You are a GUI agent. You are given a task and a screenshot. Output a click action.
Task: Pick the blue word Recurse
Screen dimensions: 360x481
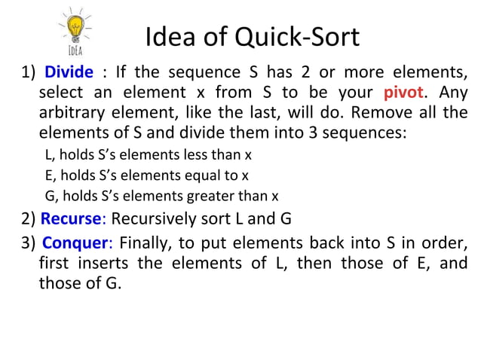coord(71,220)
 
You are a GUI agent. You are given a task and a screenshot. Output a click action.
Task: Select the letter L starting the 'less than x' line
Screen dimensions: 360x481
coord(48,156)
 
